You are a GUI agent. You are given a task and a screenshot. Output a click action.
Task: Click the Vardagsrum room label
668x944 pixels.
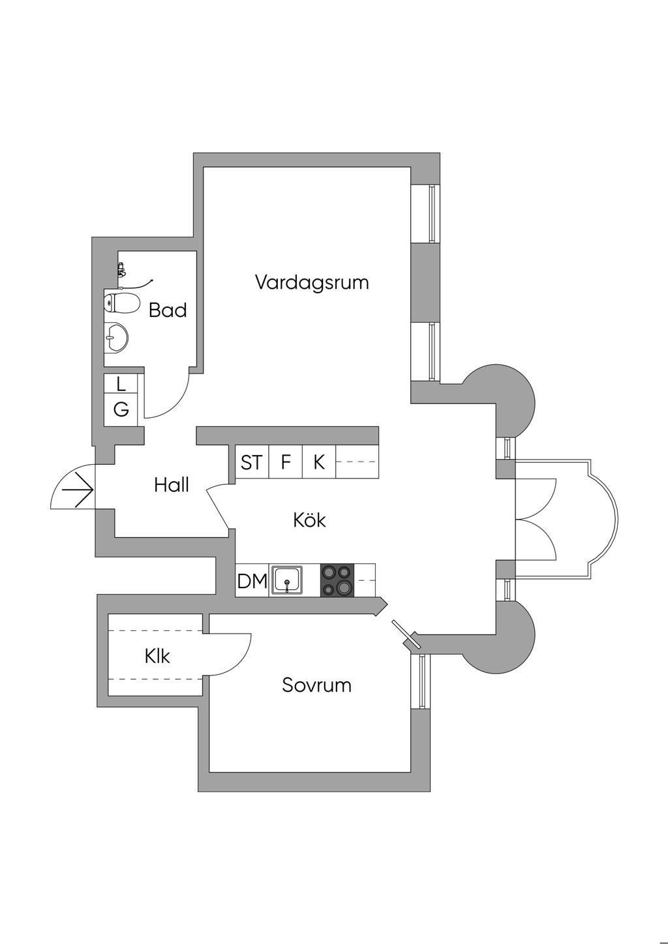[312, 283]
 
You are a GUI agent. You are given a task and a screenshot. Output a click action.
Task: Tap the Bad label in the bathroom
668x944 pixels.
[168, 310]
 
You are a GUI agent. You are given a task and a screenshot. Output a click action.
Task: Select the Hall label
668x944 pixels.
[172, 485]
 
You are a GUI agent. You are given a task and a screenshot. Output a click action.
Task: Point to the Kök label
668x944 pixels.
[309, 520]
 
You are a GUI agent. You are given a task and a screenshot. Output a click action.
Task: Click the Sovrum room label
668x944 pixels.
[316, 685]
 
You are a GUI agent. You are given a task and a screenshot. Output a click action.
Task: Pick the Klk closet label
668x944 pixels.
[157, 656]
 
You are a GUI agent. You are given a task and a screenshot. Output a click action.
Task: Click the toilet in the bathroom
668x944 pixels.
[121, 303]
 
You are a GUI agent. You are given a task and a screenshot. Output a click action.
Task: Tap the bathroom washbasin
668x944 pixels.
[115, 338]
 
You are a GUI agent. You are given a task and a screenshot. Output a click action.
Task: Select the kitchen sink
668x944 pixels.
[287, 580]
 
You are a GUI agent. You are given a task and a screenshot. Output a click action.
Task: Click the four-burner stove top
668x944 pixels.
[337, 580]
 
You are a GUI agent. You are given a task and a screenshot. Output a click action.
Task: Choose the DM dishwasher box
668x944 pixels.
[252, 580]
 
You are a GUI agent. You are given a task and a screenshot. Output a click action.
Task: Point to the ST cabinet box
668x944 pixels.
[251, 462]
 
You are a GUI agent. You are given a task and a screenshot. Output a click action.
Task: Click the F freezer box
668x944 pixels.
[285, 462]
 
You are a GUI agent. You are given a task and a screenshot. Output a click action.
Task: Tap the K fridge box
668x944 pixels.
[319, 462]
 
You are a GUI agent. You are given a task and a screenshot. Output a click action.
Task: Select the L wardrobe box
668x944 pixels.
[121, 384]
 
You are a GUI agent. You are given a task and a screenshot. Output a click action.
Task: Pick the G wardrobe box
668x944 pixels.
[121, 410]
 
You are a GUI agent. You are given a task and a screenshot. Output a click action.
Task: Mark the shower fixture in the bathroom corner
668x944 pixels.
[121, 269]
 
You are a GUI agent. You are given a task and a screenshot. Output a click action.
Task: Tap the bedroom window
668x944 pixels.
[422, 681]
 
